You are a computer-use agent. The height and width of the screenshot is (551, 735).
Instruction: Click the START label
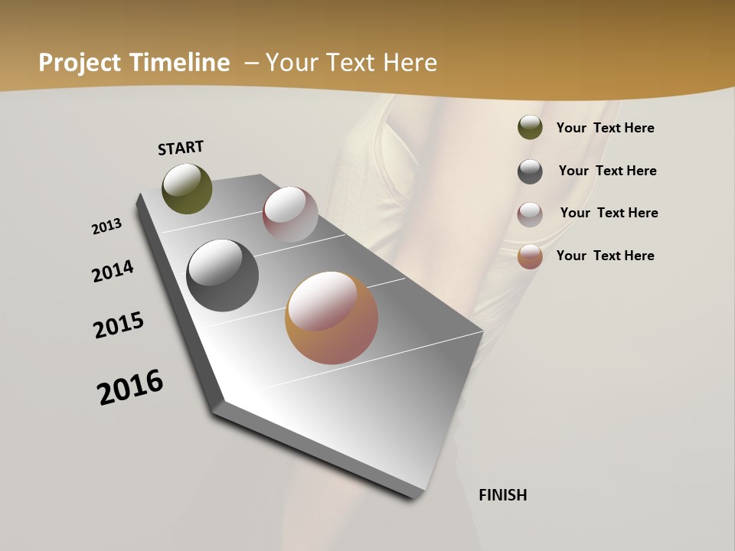[x=181, y=148]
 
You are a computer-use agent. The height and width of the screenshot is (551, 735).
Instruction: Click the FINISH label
[x=502, y=495]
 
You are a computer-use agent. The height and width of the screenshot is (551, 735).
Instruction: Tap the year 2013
[x=107, y=227]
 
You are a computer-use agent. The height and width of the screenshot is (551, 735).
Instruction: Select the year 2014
[x=113, y=272]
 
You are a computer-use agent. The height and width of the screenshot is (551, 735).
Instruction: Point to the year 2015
[x=119, y=324]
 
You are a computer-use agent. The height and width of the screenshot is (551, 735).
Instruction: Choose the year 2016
[x=130, y=387]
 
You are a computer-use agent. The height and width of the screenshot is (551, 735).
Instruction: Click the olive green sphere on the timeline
[x=187, y=188]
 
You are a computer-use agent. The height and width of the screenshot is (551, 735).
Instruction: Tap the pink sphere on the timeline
[x=290, y=214]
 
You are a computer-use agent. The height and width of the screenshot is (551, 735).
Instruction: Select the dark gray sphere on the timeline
[x=222, y=275]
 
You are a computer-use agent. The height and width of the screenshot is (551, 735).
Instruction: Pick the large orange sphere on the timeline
[x=332, y=318]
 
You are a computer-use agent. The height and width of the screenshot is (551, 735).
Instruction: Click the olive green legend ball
[x=530, y=128]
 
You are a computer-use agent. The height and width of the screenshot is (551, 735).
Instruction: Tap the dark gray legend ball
[x=530, y=171]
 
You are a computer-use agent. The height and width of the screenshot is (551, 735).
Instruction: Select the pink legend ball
[x=530, y=214]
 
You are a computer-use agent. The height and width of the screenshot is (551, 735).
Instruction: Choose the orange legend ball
[x=530, y=256]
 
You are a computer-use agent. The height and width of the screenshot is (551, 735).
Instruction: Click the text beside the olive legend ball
[x=605, y=128]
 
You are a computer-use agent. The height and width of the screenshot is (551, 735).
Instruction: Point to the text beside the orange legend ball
[x=605, y=256]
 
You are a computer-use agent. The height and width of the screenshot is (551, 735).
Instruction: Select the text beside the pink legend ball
[x=609, y=213]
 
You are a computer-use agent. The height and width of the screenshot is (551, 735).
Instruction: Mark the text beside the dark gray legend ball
[x=607, y=171]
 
